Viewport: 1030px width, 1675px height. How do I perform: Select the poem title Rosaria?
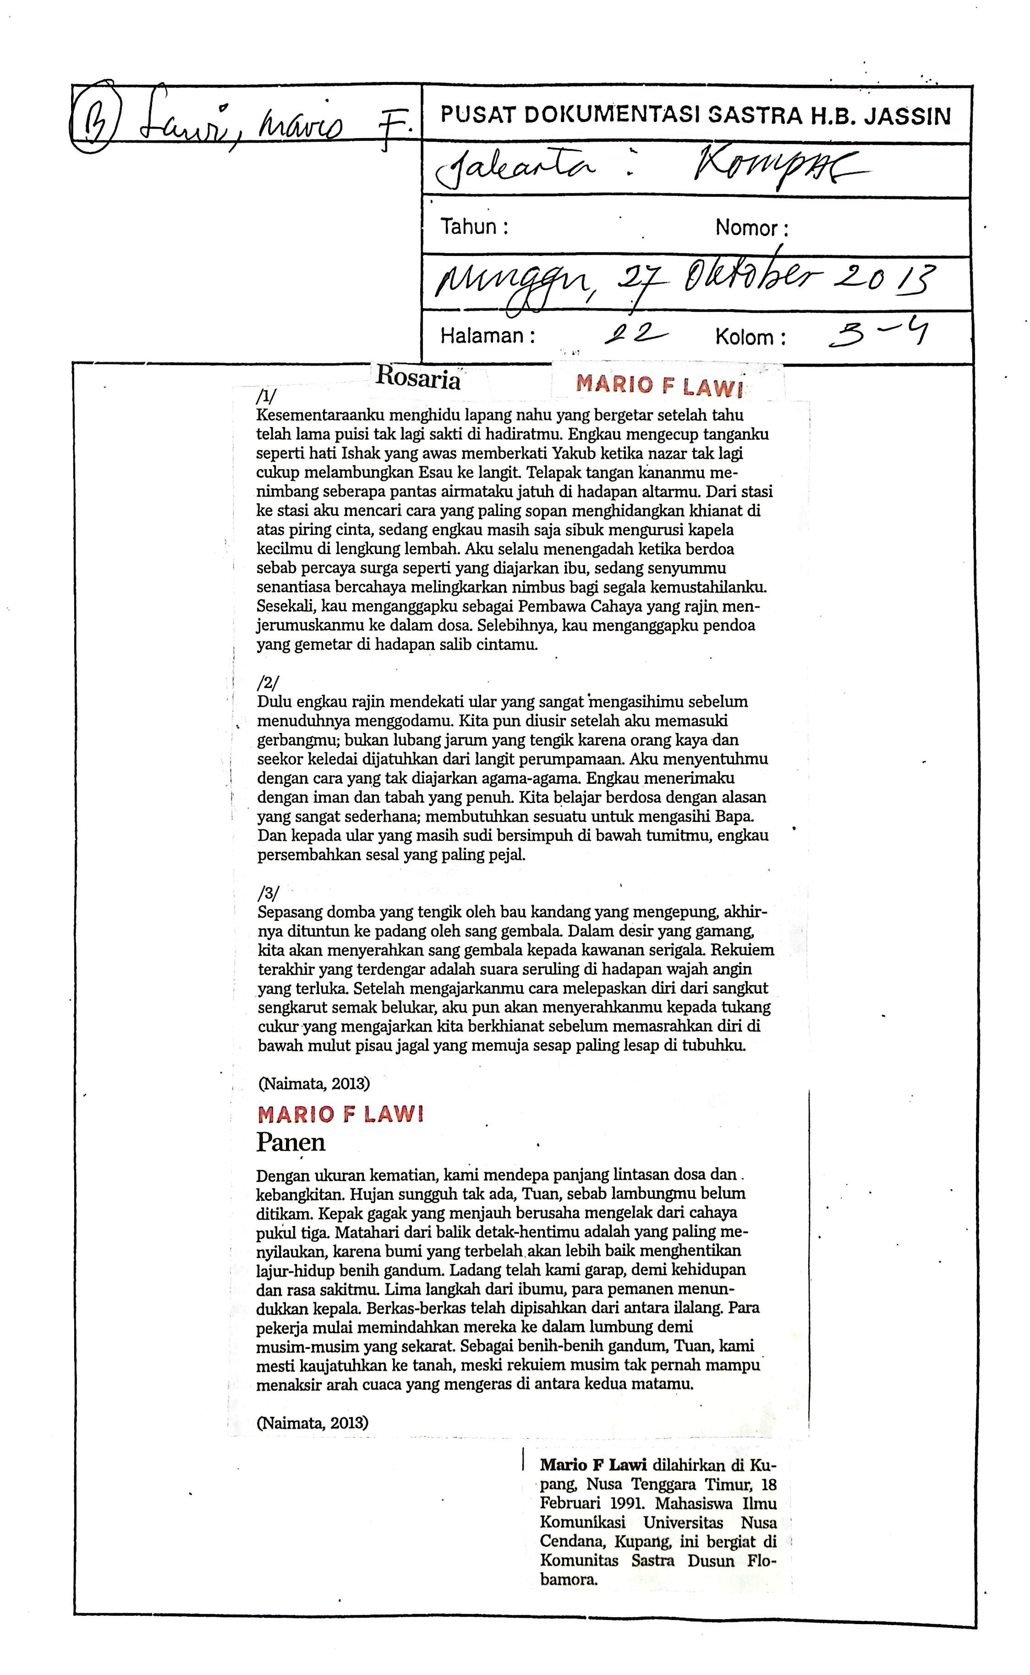coord(418,378)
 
